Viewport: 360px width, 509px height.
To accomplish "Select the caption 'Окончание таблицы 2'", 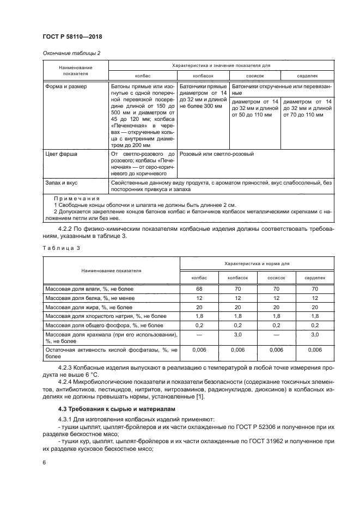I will [x=70, y=53].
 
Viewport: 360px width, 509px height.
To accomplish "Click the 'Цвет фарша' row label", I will [x=61, y=154].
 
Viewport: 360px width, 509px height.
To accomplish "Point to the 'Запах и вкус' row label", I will [x=62, y=183].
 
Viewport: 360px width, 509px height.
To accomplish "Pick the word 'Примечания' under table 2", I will [x=76, y=199].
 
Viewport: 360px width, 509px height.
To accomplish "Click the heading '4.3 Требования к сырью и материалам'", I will [x=113, y=408].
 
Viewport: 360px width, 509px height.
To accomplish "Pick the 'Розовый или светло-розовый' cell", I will [x=216, y=154].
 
